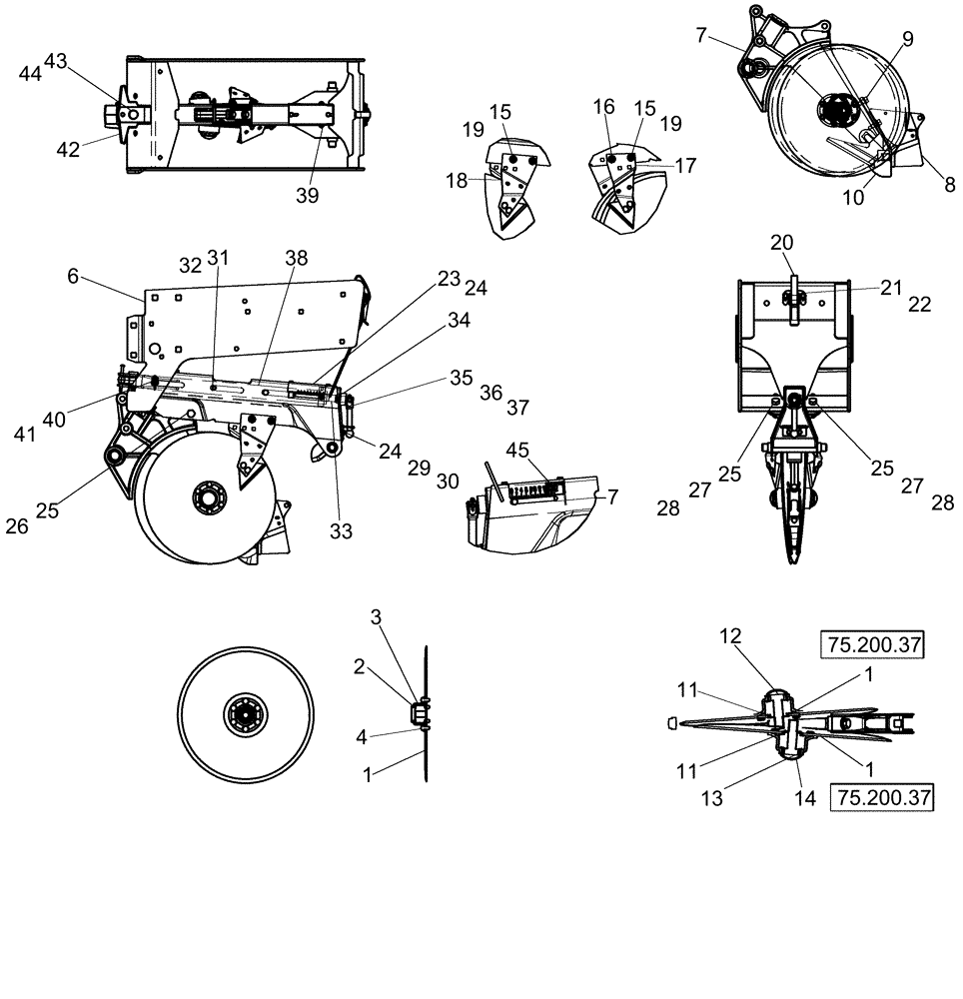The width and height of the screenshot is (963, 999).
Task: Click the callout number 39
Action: click(307, 196)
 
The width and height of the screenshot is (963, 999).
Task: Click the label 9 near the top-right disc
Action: click(907, 41)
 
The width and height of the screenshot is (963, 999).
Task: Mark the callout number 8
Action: click(949, 184)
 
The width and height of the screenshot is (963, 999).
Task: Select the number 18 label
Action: click(458, 180)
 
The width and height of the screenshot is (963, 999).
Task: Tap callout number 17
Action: click(685, 166)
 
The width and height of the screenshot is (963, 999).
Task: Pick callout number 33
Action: click(342, 532)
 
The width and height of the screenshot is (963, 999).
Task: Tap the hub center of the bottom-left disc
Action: click(246, 715)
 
